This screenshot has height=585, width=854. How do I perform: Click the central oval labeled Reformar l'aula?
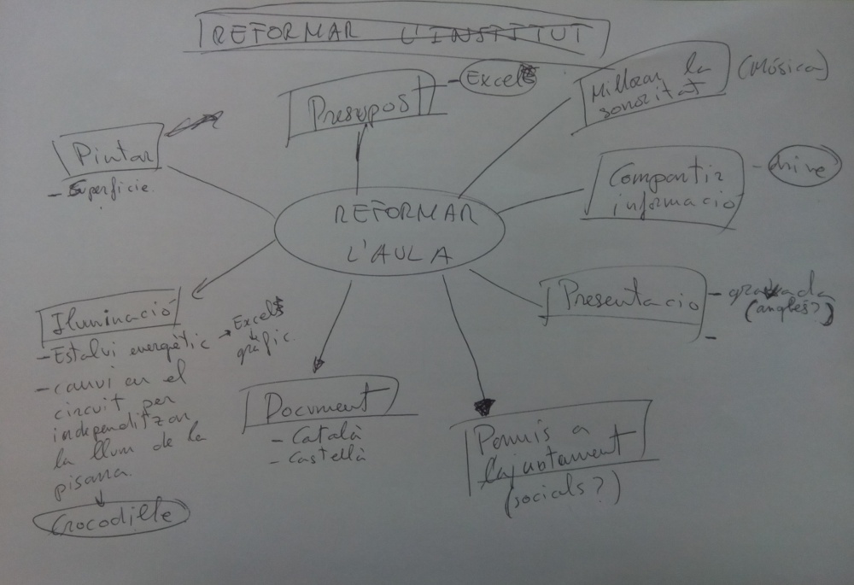(x=389, y=231)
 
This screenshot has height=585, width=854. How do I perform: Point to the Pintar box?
(x=108, y=153)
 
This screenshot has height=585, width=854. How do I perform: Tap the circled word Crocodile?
(x=112, y=514)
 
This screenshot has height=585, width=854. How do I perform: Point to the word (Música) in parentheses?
(x=782, y=69)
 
